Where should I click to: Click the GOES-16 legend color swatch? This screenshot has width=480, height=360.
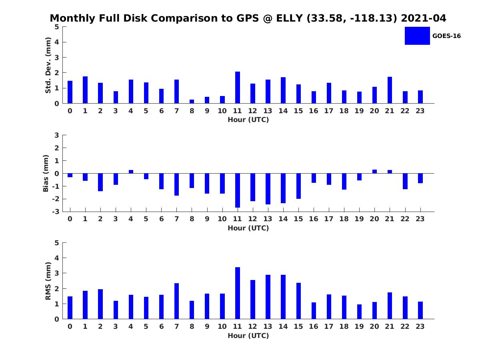coord(417,36)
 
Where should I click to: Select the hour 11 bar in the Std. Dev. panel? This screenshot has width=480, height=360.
coord(238,88)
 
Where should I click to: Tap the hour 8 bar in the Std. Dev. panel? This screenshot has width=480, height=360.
coord(192,101)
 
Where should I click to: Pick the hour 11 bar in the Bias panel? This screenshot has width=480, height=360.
coord(238,190)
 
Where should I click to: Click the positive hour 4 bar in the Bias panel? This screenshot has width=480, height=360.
coord(131,172)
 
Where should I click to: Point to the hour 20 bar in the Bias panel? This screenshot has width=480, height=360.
coord(374,171)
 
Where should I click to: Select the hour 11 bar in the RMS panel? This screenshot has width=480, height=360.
coord(238,293)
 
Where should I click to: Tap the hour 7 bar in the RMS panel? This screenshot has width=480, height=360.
coord(177,301)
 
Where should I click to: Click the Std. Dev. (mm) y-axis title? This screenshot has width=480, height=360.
coord(48,65)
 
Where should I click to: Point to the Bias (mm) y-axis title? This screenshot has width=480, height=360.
coord(46,173)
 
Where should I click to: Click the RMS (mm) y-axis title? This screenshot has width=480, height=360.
coord(48,281)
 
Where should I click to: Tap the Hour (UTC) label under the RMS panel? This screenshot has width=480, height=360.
coord(248,336)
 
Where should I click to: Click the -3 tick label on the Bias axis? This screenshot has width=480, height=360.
coord(56,212)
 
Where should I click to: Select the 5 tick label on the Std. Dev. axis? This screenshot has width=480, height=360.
coord(57,27)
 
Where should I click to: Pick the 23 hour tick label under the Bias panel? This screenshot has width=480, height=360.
coord(420,219)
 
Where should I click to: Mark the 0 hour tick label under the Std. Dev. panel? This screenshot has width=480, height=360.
coord(70,111)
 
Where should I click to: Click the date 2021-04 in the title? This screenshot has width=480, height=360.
coord(423,18)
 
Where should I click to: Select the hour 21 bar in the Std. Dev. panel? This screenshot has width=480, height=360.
coord(390,90)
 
